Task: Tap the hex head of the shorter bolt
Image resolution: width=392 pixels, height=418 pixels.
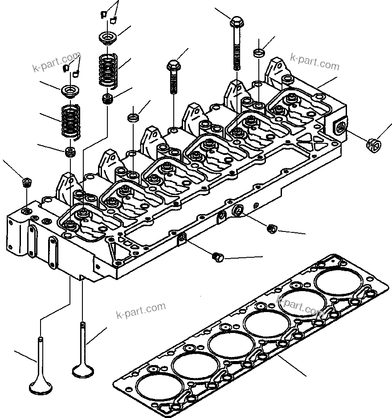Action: click(x=174, y=65)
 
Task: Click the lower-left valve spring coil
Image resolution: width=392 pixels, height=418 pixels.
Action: click(x=71, y=121)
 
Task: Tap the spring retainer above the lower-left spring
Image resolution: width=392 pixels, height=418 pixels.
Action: click(x=70, y=91)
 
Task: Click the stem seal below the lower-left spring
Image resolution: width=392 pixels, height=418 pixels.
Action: click(x=70, y=152)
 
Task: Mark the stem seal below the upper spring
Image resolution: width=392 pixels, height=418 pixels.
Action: click(x=107, y=99)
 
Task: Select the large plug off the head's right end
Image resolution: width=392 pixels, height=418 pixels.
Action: click(x=374, y=145)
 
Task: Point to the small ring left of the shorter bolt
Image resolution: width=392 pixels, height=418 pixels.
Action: click(x=133, y=117)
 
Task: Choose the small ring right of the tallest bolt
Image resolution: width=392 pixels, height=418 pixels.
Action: click(x=259, y=53)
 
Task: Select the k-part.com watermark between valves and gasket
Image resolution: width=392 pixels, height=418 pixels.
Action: click(x=141, y=310)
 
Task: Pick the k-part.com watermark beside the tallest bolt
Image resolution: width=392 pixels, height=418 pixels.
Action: click(x=314, y=63)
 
